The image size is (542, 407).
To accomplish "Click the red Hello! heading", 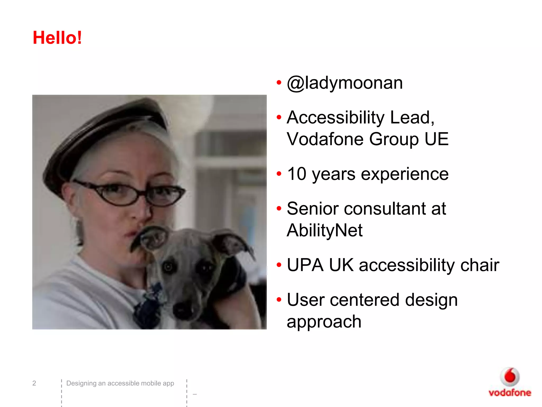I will pos(57,38).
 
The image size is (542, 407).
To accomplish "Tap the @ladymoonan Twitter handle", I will pos(345,83).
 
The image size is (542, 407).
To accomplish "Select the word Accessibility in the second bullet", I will pos(335,117).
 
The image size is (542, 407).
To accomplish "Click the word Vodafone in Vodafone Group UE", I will pos(325,139).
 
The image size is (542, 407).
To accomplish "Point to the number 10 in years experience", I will pos(297,174).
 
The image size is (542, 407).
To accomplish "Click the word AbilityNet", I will pos(324,230).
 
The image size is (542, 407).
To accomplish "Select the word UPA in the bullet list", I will pos(305,265).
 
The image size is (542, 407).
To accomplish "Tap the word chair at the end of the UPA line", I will pos(480,265).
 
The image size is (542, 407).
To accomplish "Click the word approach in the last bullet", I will pos(324,322).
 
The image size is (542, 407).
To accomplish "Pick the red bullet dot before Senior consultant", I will pos(279,208).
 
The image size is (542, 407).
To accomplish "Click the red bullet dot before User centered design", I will pos(279,300).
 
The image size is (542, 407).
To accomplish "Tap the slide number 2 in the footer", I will pos(34,383).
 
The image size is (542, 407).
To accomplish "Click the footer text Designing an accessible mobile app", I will pos(120,383).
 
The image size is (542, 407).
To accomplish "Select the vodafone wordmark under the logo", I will pos(510,393).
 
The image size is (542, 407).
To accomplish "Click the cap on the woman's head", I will pos(106,132).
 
